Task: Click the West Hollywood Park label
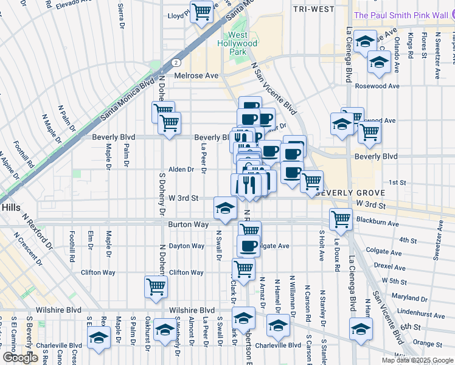[x=238, y=44]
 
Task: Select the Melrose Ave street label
[x=196, y=75]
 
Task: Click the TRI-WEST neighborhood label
[x=313, y=9]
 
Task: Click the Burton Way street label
[x=189, y=224]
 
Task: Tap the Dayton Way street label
[x=186, y=246]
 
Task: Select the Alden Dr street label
[x=181, y=170]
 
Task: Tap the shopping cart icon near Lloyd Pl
[x=201, y=12]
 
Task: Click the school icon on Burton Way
[x=224, y=208]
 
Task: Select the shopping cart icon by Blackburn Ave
[x=341, y=219]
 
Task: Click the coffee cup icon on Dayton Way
[x=248, y=246]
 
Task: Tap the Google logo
[x=20, y=358]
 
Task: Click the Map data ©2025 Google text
[x=417, y=360]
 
